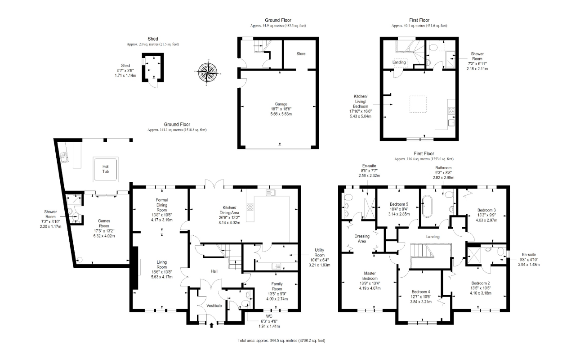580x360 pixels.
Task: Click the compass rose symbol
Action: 207,72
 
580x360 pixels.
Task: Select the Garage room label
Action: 282,104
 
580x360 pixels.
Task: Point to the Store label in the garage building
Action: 301,54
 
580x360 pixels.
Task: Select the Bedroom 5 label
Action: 398,204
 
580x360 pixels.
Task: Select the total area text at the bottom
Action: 281,341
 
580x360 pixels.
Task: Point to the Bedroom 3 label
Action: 486,210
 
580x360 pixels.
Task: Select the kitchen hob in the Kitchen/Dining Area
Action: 250,207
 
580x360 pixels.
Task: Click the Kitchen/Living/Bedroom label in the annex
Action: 361,100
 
